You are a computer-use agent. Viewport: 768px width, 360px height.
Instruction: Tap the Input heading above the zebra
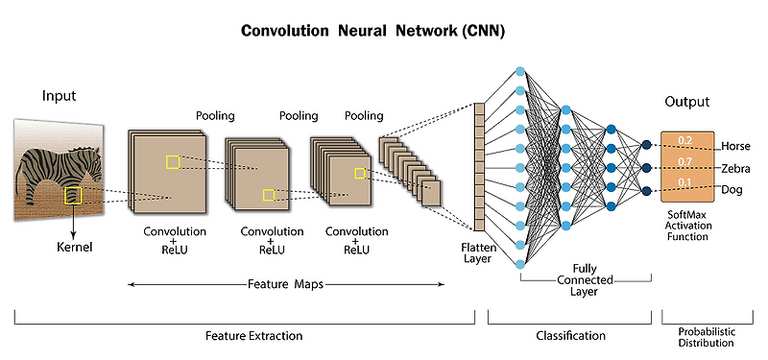coord(59,96)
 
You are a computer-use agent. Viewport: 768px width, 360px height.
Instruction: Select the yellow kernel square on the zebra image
coord(73,196)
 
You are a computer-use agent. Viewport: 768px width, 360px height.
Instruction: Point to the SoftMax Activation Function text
coord(687,228)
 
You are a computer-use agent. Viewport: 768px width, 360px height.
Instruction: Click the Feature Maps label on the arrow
coord(285,284)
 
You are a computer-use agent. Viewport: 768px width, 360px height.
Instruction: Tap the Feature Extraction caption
coord(254,336)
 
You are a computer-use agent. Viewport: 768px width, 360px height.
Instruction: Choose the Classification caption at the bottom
coord(571,336)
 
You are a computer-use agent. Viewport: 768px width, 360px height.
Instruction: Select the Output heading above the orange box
coord(687,102)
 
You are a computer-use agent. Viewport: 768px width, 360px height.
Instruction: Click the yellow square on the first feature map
coord(172,162)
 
